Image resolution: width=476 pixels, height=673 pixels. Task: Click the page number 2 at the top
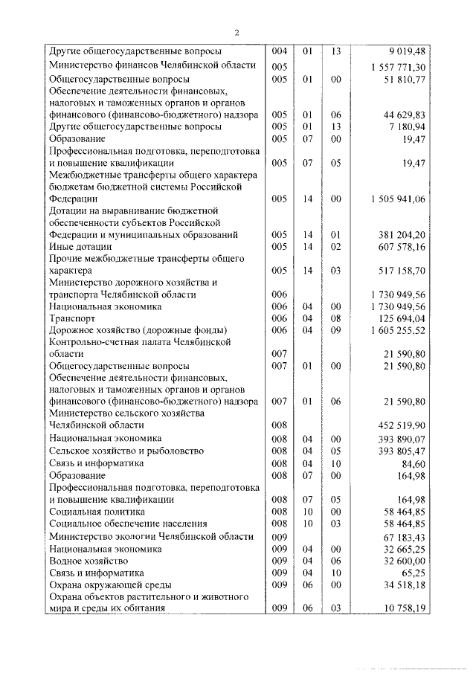coord(236,32)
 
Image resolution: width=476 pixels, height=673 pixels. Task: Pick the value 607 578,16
coord(402,246)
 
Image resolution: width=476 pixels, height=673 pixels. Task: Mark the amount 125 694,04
coord(402,318)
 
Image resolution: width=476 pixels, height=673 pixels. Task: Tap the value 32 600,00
coord(404,561)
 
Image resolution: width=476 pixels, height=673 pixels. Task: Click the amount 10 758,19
coord(404,608)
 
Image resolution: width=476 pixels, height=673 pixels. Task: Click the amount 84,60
coord(412,463)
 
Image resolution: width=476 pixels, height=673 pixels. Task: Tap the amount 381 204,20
coord(402,234)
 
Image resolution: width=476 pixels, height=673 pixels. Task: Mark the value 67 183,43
coord(404,537)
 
